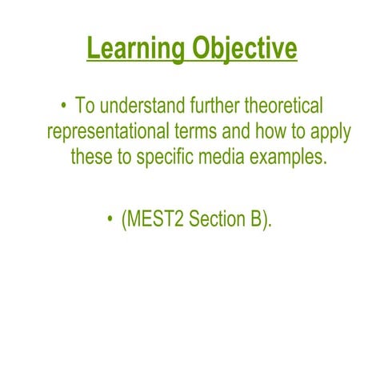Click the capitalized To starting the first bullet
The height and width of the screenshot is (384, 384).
85,106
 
